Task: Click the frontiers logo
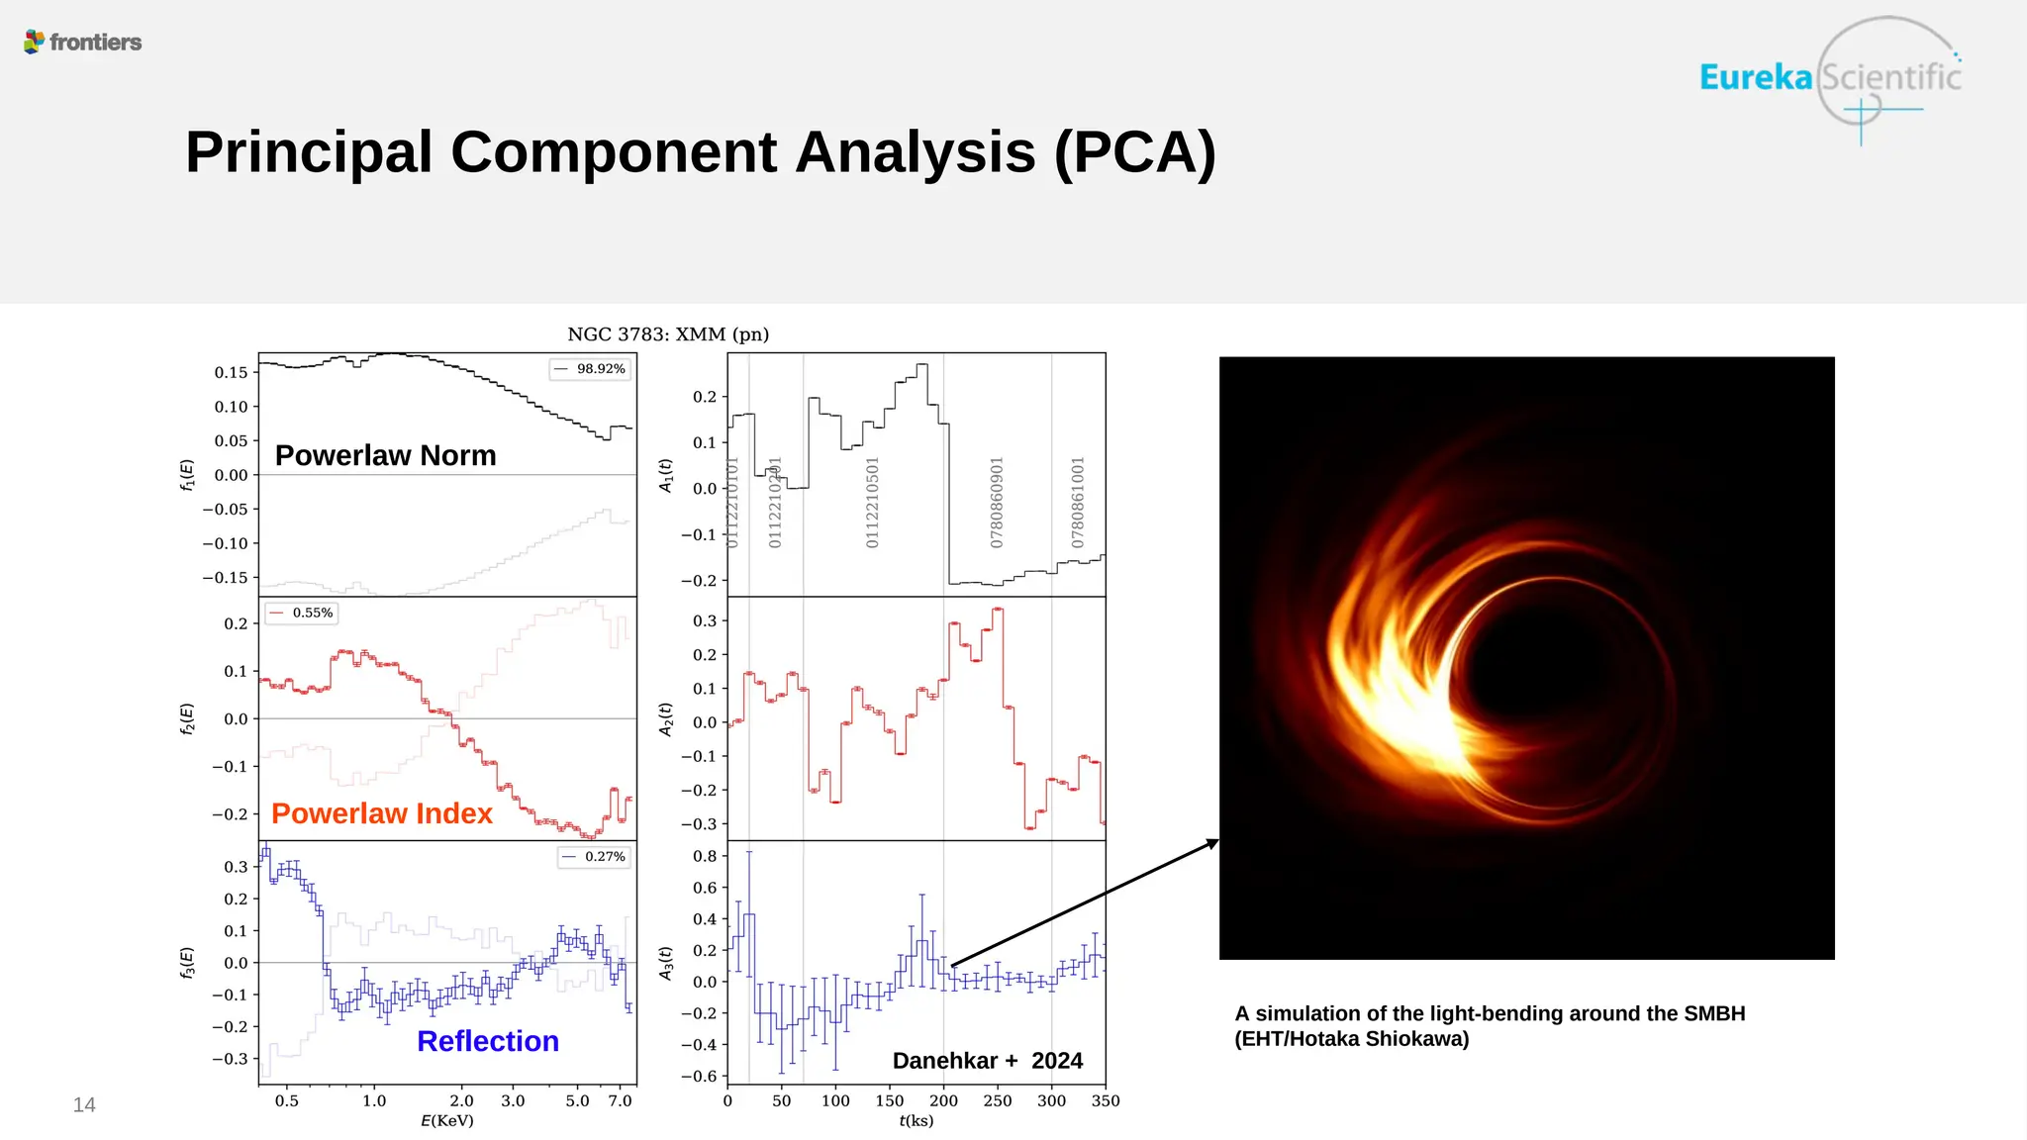point(83,42)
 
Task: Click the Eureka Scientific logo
point(1829,77)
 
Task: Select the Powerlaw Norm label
point(385,455)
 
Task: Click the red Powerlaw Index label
point(381,813)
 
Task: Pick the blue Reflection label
point(488,1041)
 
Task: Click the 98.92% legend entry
point(591,369)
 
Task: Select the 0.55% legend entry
point(303,614)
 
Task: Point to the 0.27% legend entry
point(595,857)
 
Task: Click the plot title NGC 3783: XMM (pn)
point(668,334)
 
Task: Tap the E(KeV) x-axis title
point(447,1121)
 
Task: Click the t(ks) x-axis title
point(917,1121)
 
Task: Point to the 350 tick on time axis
point(1106,1100)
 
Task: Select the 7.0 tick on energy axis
point(620,1100)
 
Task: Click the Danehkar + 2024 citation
point(987,1061)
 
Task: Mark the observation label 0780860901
point(997,502)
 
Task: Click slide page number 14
point(84,1105)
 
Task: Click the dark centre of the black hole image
point(1564,683)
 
